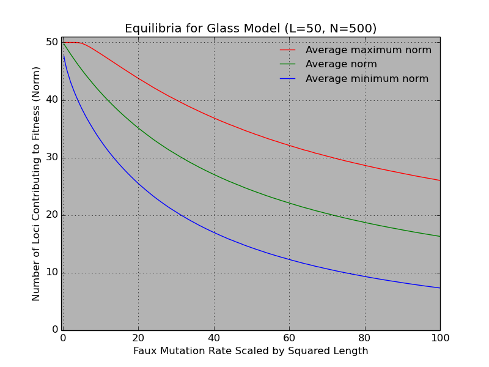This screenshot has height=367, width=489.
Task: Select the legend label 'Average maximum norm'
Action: [368, 50]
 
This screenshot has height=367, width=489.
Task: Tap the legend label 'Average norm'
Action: [341, 64]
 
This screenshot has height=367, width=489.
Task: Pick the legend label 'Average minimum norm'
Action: [367, 79]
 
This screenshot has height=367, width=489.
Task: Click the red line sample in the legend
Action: [287, 50]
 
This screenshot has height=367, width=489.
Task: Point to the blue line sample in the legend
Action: [287, 79]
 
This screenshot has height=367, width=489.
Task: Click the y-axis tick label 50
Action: [52, 42]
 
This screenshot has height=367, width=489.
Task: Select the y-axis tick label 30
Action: [52, 157]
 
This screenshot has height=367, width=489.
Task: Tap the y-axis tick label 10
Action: [52, 272]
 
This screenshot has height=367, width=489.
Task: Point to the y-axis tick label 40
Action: [52, 100]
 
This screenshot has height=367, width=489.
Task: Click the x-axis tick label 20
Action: [138, 338]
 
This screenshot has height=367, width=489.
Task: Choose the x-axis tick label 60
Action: [289, 338]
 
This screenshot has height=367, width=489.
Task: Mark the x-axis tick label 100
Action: [439, 338]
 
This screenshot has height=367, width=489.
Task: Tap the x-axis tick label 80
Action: [364, 338]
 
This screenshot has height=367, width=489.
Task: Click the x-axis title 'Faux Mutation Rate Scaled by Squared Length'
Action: [251, 351]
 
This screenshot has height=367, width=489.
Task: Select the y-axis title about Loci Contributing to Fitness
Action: [37, 183]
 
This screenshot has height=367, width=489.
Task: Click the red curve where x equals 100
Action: [439, 180]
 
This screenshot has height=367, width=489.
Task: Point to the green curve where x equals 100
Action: [439, 236]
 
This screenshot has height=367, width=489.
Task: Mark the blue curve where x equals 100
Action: [439, 288]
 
